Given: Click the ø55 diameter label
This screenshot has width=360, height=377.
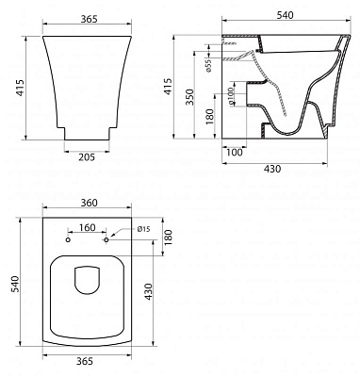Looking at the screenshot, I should coord(233,63).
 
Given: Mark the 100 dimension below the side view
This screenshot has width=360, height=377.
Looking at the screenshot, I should coord(233,150).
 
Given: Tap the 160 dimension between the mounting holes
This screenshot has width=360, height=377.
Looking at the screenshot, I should coord(87,227).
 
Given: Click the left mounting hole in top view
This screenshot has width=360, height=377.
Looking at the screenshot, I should coord(68,240).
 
